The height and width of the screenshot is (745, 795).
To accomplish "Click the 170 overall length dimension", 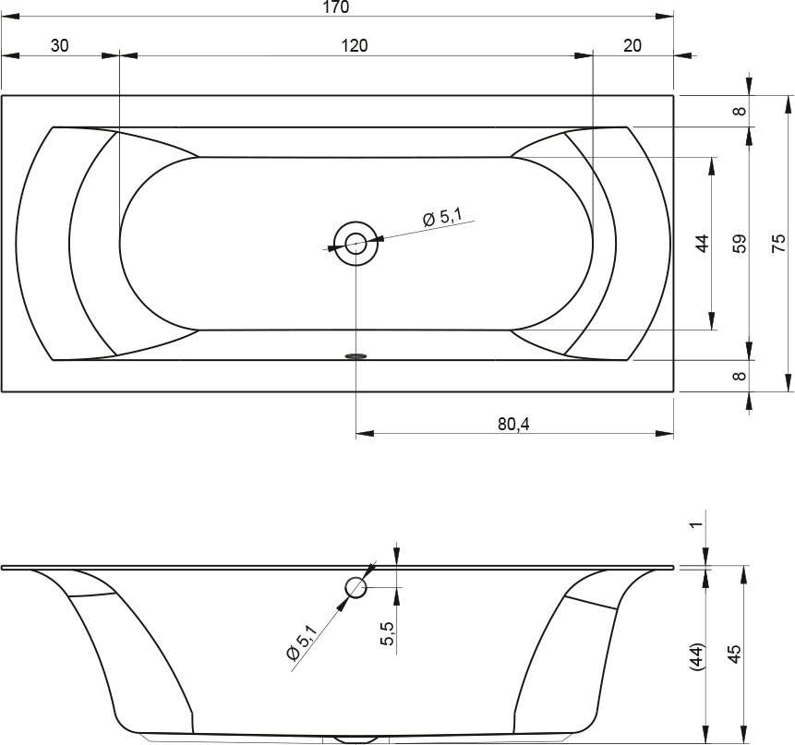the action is point(336,7).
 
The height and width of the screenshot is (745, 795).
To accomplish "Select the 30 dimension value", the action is point(59,45).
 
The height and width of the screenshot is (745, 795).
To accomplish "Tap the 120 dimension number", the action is point(354,45).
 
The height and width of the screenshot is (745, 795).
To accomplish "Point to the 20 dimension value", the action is point(632,45).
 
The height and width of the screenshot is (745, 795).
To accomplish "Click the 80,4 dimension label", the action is point(513,424).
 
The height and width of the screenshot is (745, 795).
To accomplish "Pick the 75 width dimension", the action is point(778,244).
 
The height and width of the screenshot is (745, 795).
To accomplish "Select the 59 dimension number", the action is point(740,244).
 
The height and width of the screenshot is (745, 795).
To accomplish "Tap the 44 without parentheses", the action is point(702,244).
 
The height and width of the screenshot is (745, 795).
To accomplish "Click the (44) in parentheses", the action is point(697,656).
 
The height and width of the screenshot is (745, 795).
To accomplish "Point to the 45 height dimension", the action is point(734,654).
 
